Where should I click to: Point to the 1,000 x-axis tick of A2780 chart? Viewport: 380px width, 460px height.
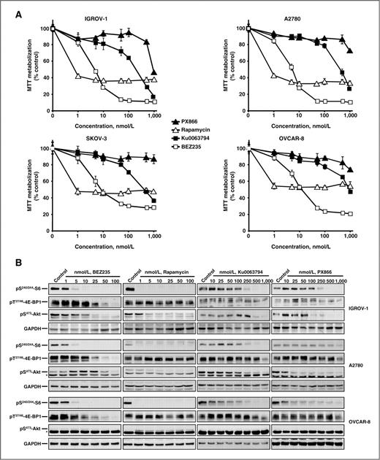[x=354, y=117]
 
